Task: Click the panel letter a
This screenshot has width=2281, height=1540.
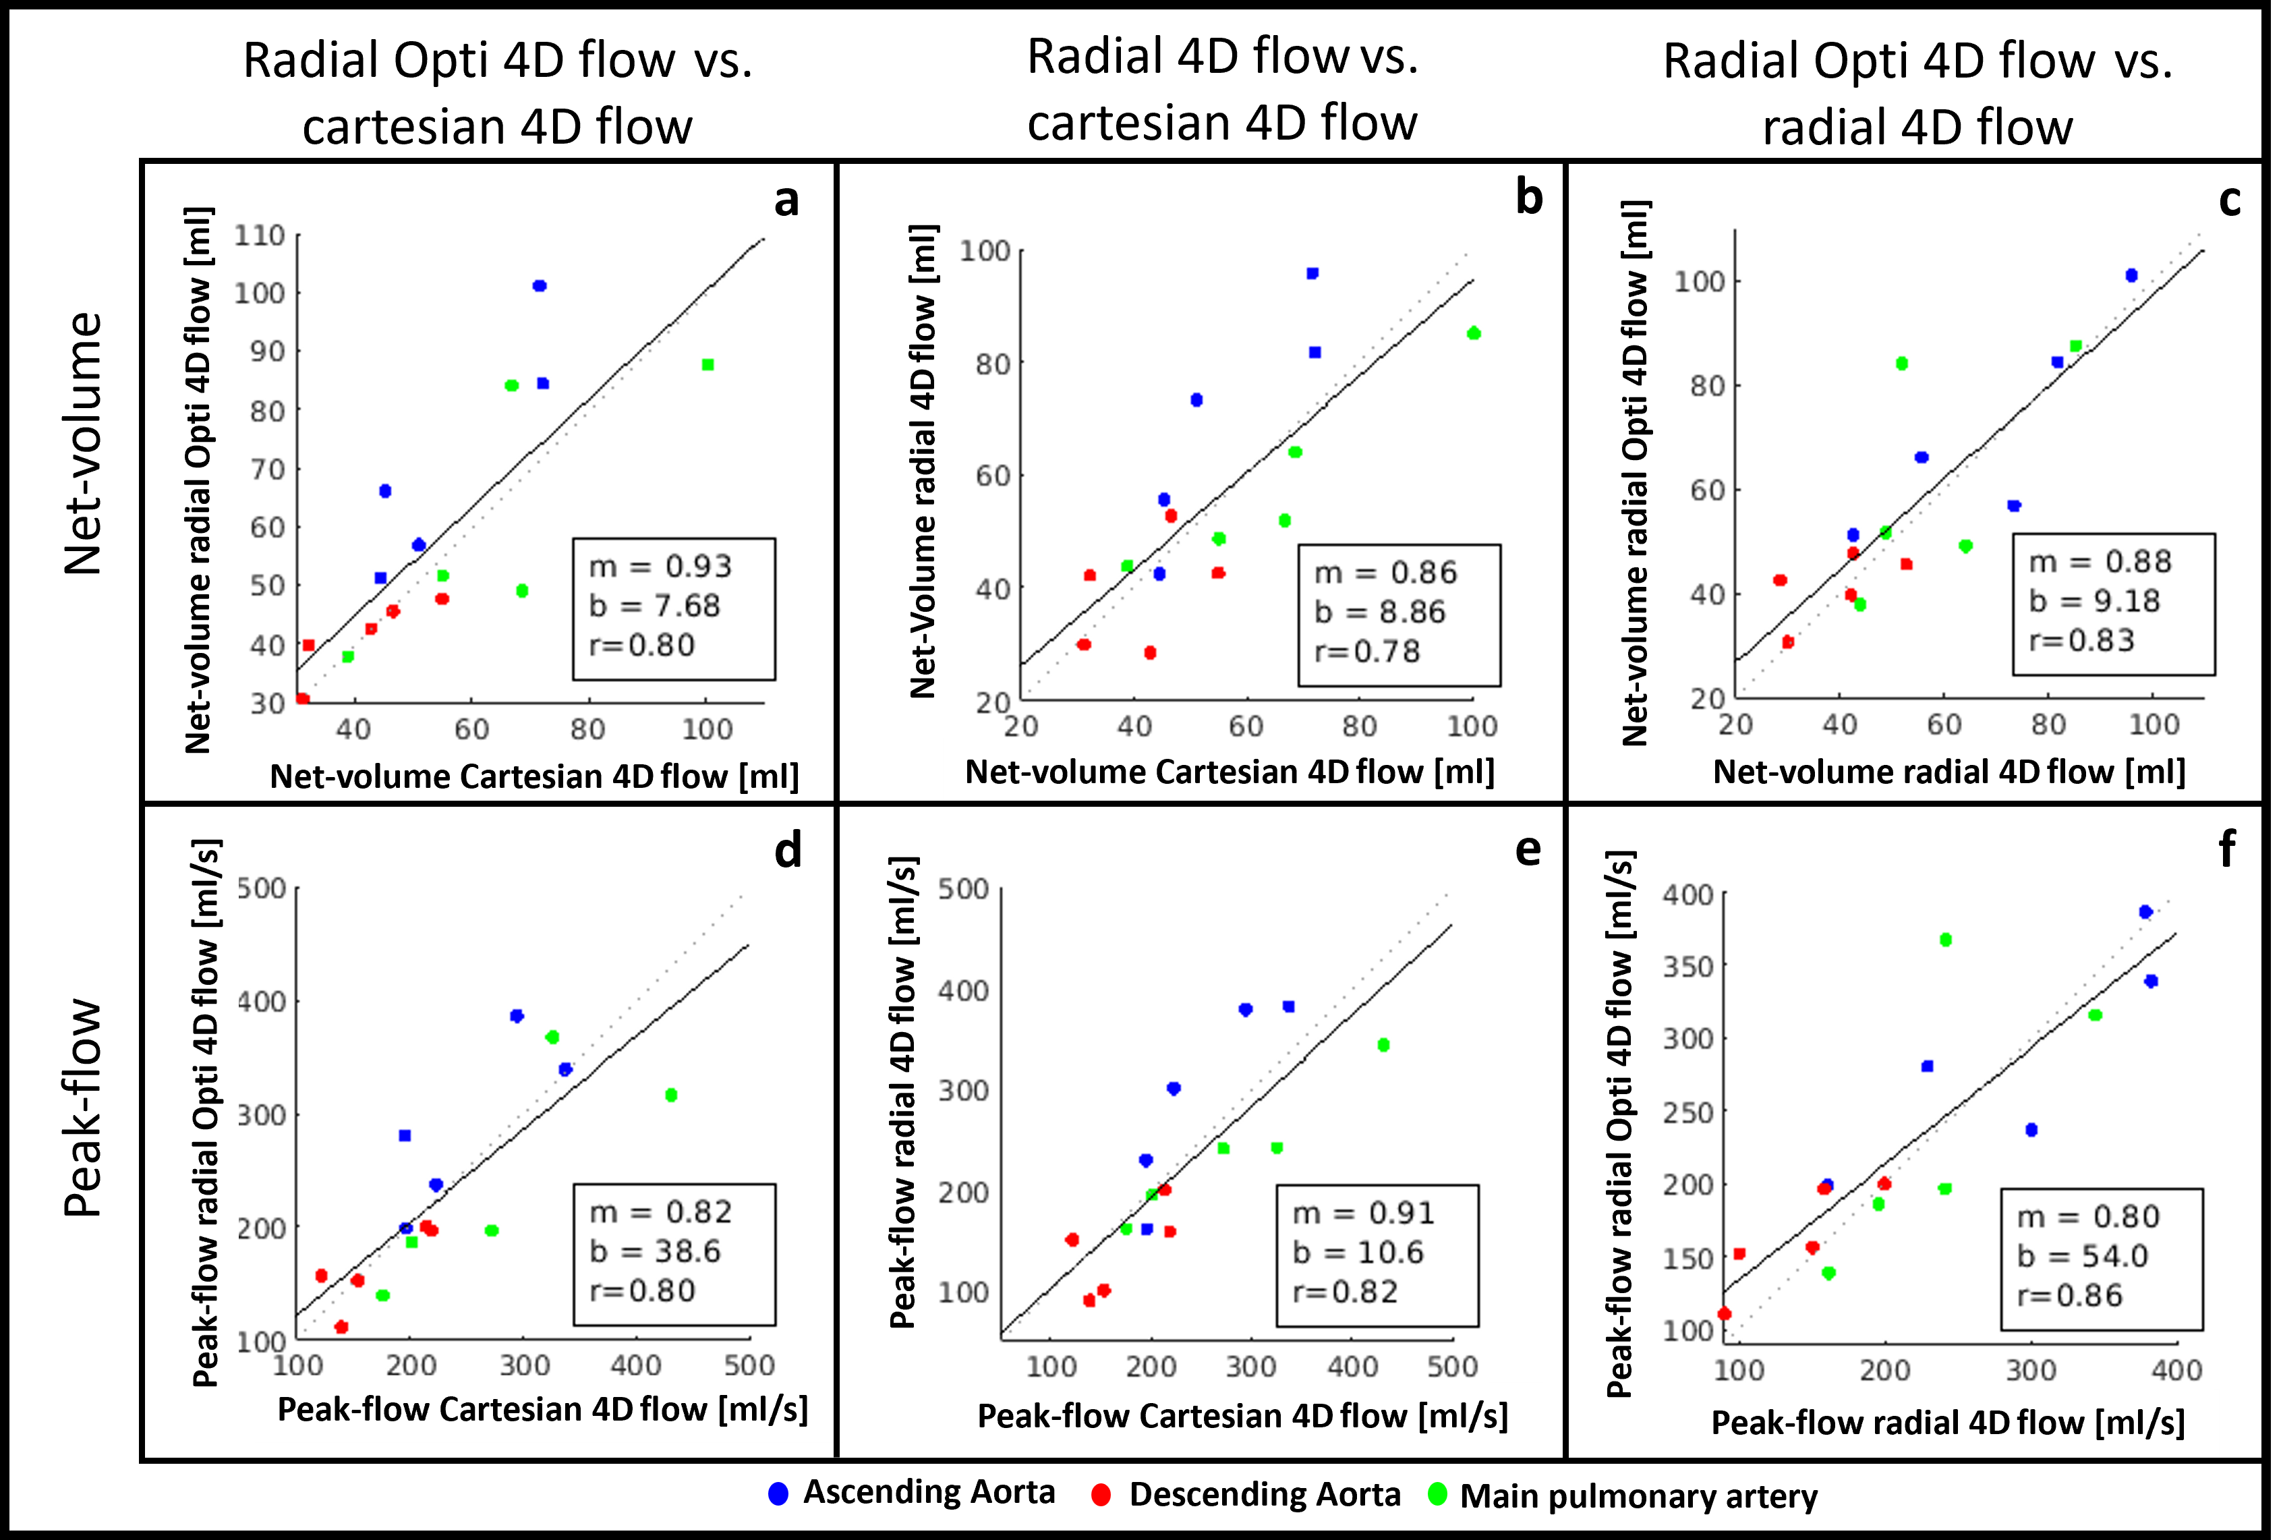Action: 786,201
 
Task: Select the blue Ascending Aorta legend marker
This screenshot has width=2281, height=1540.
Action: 778,1494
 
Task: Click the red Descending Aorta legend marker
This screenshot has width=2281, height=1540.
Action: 1101,1495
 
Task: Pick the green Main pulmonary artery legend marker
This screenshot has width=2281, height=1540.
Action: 1438,1495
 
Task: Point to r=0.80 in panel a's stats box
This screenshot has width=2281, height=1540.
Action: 642,645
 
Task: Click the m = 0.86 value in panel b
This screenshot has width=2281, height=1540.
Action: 1386,572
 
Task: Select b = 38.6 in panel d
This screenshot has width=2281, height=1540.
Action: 655,1251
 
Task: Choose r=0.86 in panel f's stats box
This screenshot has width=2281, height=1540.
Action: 2070,1296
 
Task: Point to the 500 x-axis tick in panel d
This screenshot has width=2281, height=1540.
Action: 749,1365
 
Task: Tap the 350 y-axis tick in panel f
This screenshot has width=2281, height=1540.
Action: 1688,967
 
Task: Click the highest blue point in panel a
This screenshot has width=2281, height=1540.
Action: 539,285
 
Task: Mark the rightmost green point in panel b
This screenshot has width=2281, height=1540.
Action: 1473,334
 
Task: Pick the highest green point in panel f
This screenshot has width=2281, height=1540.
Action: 1945,939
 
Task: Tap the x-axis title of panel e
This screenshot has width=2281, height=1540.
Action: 1242,1417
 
